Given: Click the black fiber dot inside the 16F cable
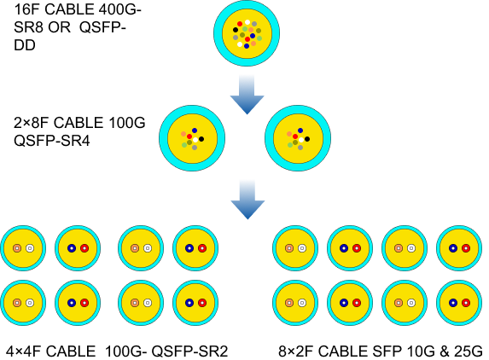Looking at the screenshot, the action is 236,30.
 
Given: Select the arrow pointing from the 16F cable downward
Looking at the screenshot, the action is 247,95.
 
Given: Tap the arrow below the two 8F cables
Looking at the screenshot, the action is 247,200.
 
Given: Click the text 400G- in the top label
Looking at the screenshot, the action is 120,9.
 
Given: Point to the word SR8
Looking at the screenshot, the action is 28,27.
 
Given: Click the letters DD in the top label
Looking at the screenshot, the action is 25,45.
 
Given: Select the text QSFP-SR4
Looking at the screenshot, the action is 52,141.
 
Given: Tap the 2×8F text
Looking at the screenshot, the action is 32,123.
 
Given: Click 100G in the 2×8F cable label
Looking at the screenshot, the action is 127,123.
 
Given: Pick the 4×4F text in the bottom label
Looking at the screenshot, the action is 24,351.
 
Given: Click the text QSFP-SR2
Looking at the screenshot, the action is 190,351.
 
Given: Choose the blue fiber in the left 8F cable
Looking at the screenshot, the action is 195,131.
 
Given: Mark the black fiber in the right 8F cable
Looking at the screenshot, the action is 307,139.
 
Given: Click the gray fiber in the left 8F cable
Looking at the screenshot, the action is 195,148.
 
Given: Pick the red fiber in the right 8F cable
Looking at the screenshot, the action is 295,136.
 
